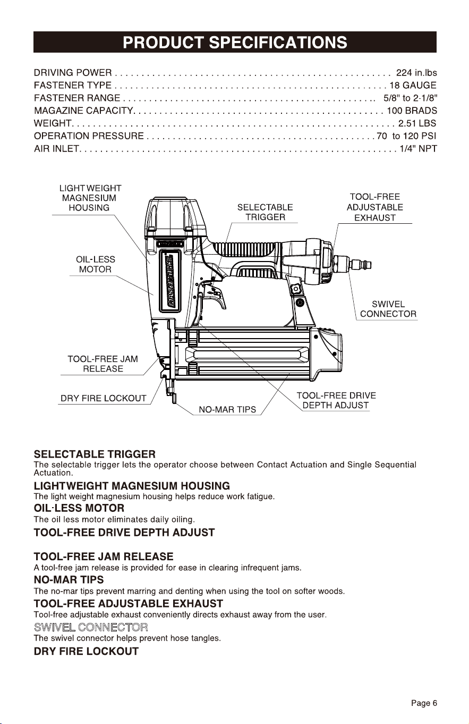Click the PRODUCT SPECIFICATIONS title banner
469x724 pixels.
coord(235,42)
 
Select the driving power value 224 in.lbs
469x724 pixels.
coord(416,73)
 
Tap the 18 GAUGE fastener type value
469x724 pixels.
coord(413,86)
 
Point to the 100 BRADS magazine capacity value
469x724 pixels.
coord(412,111)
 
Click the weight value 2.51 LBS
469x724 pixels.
coord(417,123)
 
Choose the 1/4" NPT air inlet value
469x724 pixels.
coord(419,149)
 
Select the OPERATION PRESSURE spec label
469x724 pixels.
coord(89,136)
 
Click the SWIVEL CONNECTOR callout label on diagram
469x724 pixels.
coord(388,309)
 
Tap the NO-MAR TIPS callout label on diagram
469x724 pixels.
coord(227,409)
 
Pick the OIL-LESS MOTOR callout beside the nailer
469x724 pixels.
coord(95,264)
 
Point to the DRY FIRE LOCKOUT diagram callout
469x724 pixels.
coord(104,398)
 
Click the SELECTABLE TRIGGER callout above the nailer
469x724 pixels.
coord(265,212)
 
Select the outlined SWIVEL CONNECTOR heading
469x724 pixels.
coord(91,628)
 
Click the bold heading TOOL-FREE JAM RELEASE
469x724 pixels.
coord(104,557)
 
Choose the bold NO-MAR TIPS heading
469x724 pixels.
coord(69,580)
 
